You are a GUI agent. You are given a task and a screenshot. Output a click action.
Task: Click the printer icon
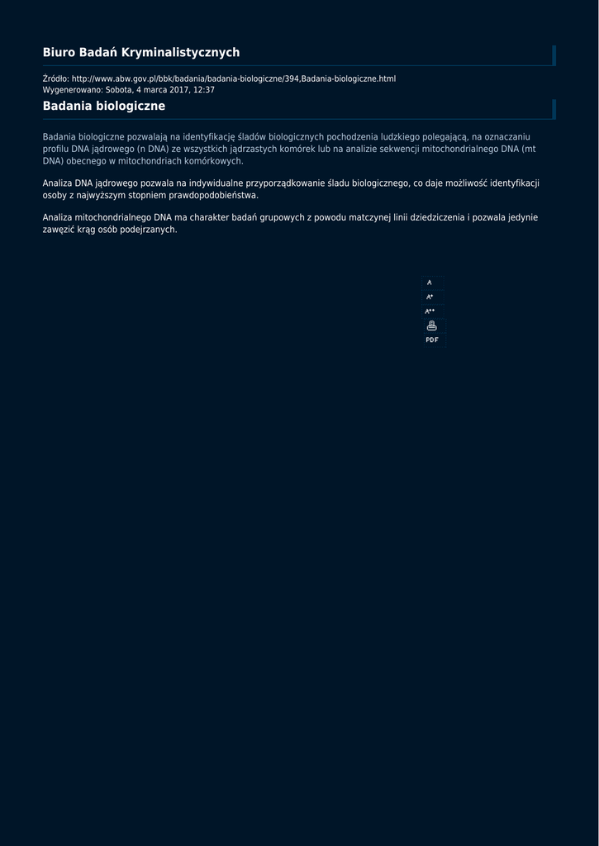[x=431, y=326]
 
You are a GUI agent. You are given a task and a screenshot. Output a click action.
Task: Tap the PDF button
[x=432, y=340]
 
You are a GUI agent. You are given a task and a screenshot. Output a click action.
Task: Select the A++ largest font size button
[x=430, y=311]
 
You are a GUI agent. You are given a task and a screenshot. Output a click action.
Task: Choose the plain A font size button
[x=430, y=283]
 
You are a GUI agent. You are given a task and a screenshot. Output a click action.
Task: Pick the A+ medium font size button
[x=430, y=297]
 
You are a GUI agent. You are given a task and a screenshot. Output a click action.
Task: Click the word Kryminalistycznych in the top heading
[x=180, y=53]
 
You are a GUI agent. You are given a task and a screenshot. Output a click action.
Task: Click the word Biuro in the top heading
[x=58, y=53]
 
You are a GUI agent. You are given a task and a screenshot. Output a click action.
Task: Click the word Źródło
[x=55, y=78]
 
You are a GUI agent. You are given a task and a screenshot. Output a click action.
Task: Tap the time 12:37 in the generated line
[x=204, y=89]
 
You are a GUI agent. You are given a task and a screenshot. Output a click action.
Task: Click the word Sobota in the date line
[x=118, y=89]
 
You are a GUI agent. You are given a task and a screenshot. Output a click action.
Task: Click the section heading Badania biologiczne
[x=104, y=107]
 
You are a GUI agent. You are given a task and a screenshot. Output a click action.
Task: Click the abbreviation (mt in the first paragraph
[x=529, y=149]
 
